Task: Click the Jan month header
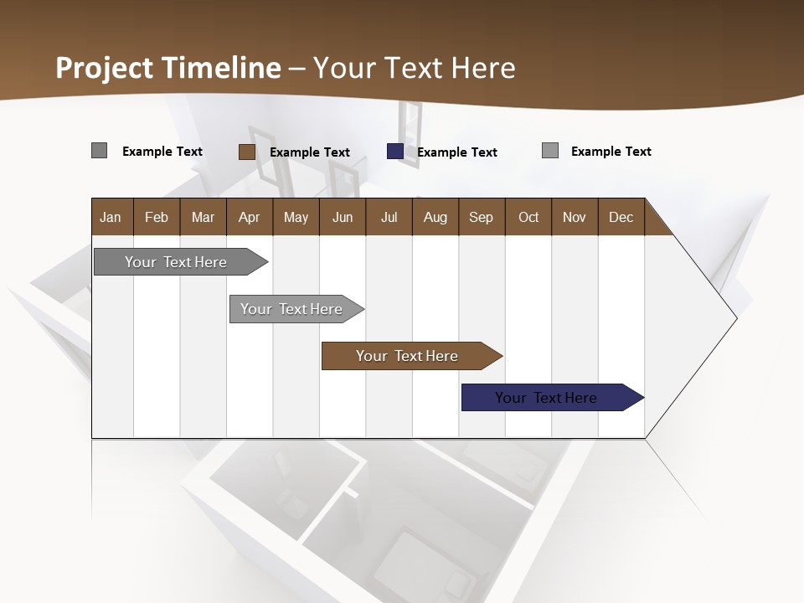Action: (111, 217)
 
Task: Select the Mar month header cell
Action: (203, 217)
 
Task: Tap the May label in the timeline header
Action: (296, 217)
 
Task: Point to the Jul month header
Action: (389, 217)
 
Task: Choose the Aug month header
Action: (435, 217)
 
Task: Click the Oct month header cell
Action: (528, 217)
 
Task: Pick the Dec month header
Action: (621, 217)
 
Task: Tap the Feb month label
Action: (157, 217)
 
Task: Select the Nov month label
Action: (574, 217)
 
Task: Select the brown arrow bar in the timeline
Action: (408, 356)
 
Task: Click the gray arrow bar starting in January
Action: (177, 262)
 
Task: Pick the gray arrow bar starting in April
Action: (292, 309)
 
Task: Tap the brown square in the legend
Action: (247, 152)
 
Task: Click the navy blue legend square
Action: (395, 152)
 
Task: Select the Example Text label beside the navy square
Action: (457, 152)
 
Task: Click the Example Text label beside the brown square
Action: (310, 152)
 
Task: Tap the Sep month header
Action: (481, 217)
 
